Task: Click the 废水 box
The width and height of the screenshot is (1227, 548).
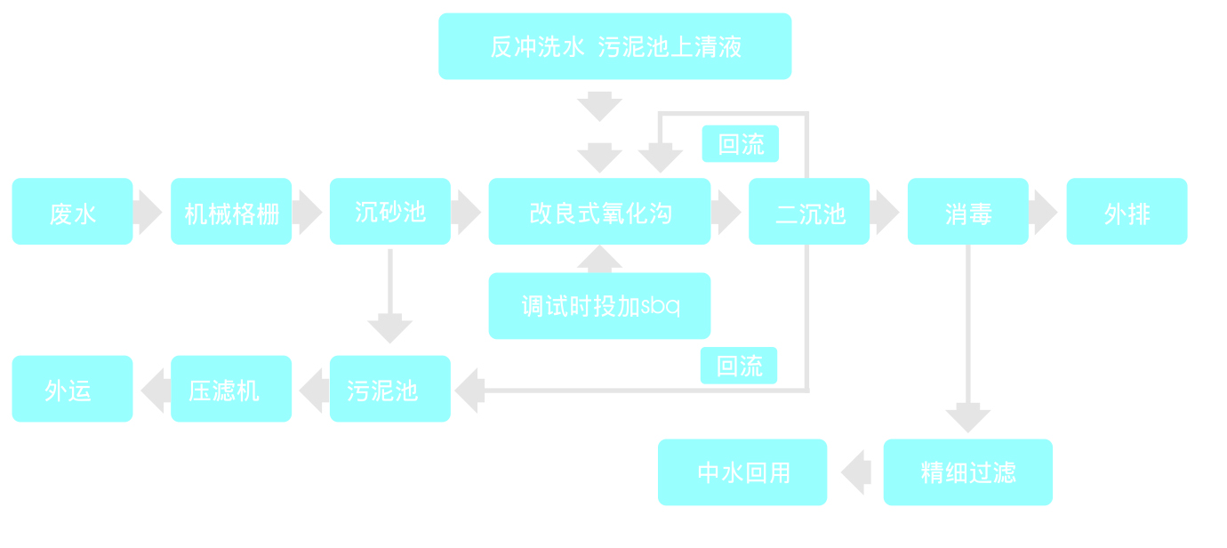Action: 72,212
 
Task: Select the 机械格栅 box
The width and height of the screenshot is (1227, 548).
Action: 231,212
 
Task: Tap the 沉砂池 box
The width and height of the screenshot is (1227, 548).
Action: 390,212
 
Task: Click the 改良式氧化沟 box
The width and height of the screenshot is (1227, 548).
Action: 599,212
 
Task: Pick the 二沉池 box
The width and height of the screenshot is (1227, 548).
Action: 809,212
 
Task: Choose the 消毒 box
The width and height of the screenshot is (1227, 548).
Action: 967,212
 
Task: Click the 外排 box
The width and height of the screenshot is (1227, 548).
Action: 1127,212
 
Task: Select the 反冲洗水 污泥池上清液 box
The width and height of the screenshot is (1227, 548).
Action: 614,46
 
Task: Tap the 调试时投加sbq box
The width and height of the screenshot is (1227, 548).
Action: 599,306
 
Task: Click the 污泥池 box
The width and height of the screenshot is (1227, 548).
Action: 390,389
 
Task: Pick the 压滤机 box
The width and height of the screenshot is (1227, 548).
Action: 231,389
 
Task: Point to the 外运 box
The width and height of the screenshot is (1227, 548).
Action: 72,389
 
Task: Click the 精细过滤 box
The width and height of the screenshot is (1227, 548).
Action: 967,472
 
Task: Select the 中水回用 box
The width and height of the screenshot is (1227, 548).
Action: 742,472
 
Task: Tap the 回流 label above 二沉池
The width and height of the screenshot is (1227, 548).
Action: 740,144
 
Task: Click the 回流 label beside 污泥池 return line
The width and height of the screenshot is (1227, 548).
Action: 738,366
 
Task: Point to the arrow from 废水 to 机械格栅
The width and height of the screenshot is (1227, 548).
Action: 148,212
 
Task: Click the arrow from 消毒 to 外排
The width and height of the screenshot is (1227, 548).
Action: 1043,212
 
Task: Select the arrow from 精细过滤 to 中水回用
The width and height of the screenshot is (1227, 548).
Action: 855,472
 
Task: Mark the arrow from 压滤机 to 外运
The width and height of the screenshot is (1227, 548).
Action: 156,391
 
